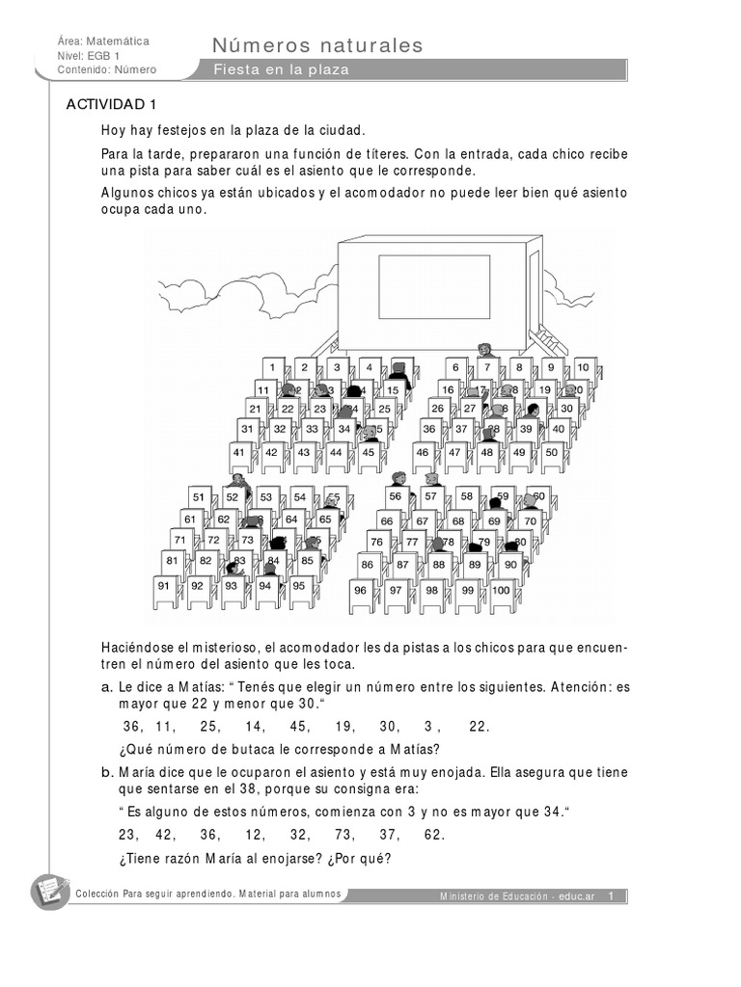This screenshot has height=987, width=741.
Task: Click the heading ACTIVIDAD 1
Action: pyautogui.click(x=110, y=104)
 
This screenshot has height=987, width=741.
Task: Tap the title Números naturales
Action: pyautogui.click(x=317, y=45)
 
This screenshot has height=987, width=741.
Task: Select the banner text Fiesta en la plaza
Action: pyautogui.click(x=282, y=70)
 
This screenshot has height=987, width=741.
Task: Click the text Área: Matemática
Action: pyautogui.click(x=103, y=41)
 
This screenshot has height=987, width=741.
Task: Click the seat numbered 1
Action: pyautogui.click(x=273, y=367)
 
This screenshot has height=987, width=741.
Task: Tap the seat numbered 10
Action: pyautogui.click(x=584, y=367)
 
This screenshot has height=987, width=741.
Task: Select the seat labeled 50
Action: pyautogui.click(x=551, y=451)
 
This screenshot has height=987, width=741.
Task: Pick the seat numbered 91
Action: pyautogui.click(x=164, y=585)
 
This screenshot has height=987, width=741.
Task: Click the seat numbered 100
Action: pyautogui.click(x=501, y=590)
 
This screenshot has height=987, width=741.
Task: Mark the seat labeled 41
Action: pyautogui.click(x=240, y=451)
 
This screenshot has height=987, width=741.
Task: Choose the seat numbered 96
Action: pyautogui.click(x=360, y=590)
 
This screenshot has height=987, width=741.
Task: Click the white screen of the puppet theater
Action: pyautogui.click(x=433, y=286)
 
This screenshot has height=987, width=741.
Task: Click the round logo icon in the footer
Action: pyautogui.click(x=50, y=893)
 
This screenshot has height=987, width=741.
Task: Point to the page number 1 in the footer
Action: pyautogui.click(x=611, y=896)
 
